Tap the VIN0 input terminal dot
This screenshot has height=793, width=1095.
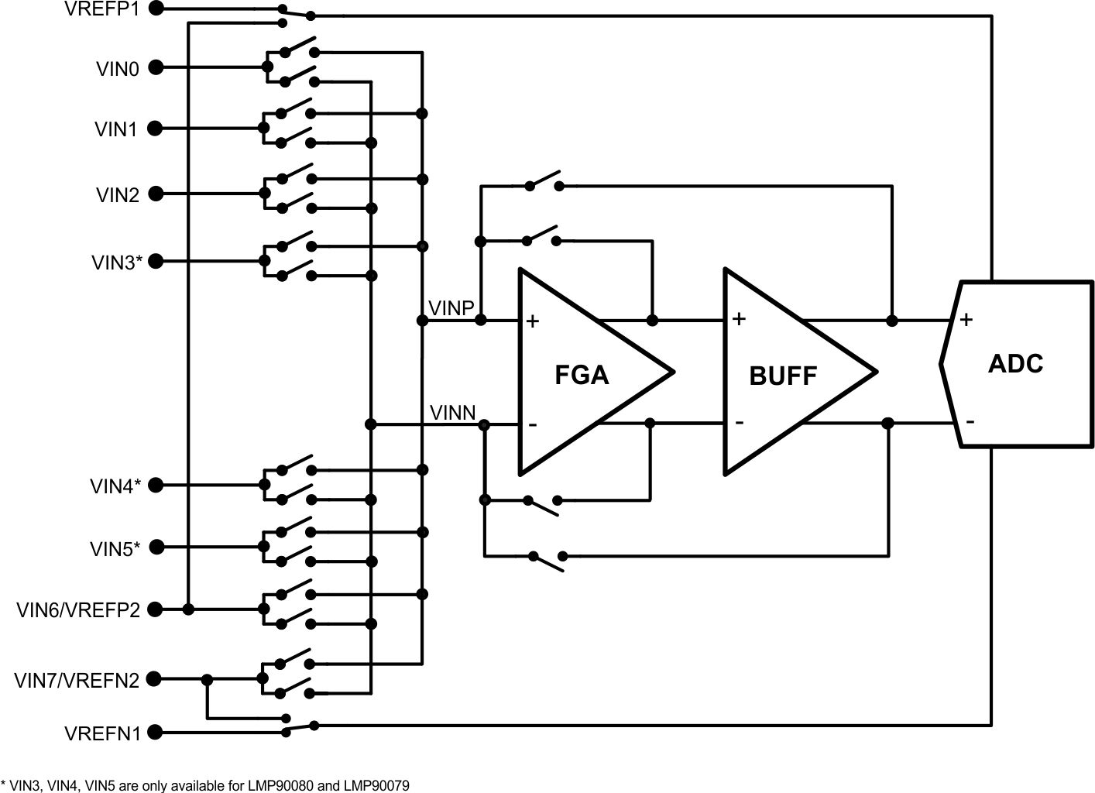(156, 67)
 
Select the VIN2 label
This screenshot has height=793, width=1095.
(118, 194)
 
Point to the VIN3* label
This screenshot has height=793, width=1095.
(117, 263)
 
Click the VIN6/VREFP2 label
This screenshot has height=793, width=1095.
(78, 610)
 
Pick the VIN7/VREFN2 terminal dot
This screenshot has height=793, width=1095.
(154, 679)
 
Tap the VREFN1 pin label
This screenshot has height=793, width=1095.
(103, 733)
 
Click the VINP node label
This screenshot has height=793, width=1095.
(451, 308)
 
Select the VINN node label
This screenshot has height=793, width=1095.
(453, 413)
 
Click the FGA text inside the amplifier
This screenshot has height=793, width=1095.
(582, 376)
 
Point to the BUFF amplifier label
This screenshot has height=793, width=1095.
(783, 376)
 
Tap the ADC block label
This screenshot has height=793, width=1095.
(1015, 364)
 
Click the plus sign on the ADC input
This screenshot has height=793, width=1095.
(966, 319)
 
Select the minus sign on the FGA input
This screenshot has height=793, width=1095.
(533, 424)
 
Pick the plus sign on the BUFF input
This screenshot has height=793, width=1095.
(739, 318)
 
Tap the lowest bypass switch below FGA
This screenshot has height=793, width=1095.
(547, 559)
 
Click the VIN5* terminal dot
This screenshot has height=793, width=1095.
(157, 547)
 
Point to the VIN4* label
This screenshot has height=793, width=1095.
(115, 486)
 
